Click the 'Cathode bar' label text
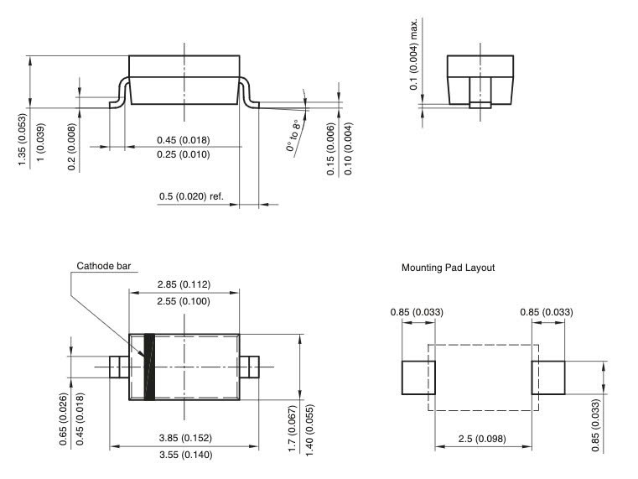(x=104, y=266)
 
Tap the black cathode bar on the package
(x=151, y=367)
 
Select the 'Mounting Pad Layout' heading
(x=448, y=268)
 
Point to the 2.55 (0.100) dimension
(x=184, y=300)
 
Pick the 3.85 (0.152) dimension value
(x=184, y=437)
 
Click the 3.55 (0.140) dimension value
(x=184, y=456)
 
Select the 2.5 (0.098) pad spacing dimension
(x=483, y=438)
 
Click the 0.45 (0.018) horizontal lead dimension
(x=183, y=139)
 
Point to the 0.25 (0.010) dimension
(x=183, y=155)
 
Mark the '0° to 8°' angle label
(x=293, y=135)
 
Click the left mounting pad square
(x=419, y=377)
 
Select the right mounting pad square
(x=547, y=377)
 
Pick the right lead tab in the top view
(x=249, y=367)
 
